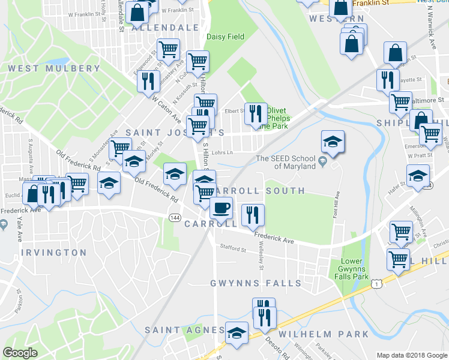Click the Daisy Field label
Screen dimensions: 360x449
tap(225, 37)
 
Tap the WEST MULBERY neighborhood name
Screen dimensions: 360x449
tap(54, 68)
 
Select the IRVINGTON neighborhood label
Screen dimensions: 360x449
tap(54, 253)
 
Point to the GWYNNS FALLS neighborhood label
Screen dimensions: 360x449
tap(255, 283)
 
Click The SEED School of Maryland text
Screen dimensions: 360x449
tap(286, 162)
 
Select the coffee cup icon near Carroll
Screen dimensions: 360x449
tap(221, 208)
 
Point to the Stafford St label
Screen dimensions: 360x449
tap(232, 248)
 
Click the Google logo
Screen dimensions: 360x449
tap(20, 353)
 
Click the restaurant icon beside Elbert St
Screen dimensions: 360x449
tap(256, 112)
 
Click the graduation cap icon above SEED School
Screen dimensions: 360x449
tap(333, 142)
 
